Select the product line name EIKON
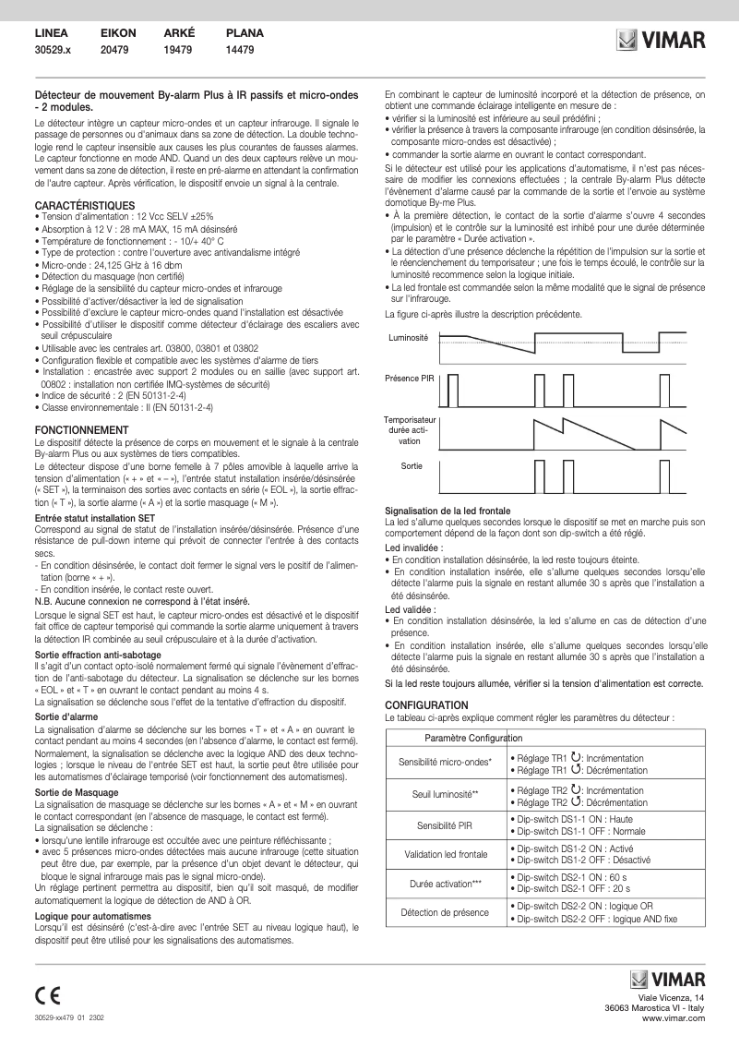(x=117, y=32)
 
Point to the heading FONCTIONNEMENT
(x=80, y=430)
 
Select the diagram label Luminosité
(x=408, y=338)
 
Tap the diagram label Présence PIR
(x=409, y=379)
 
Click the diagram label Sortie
(x=412, y=466)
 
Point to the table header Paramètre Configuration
(x=473, y=739)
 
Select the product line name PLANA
(x=245, y=32)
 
